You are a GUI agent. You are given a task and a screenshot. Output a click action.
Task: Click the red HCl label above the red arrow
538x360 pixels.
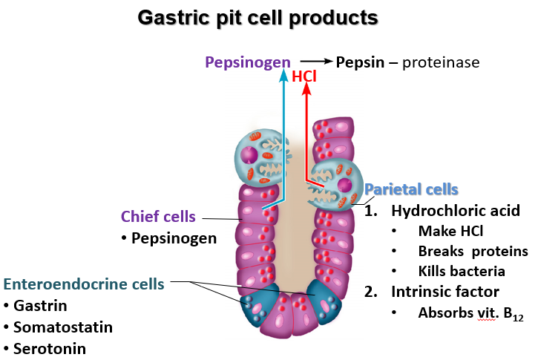(304, 76)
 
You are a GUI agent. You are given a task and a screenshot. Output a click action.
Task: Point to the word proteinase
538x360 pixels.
(441, 62)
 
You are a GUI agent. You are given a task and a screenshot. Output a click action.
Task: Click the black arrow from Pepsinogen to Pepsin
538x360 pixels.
(314, 62)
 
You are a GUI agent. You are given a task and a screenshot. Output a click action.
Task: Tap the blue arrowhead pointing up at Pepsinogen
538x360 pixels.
(285, 75)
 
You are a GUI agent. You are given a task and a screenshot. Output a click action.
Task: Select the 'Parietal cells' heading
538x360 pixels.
(411, 189)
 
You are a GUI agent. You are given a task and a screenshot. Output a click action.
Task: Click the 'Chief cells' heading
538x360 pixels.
(158, 217)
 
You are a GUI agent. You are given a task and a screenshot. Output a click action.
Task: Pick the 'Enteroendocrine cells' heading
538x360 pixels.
(84, 284)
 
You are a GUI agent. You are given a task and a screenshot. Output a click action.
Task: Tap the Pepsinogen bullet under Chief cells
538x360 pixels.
(174, 238)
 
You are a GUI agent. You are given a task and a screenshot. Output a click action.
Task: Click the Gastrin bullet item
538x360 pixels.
(40, 305)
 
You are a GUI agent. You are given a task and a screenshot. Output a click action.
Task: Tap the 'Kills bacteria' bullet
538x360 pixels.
(462, 271)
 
